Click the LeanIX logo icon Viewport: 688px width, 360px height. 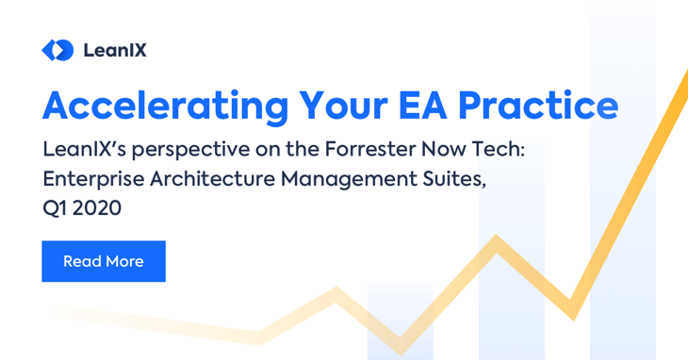tap(57, 50)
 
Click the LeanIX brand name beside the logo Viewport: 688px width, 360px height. tap(114, 50)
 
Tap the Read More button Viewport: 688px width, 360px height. tap(104, 261)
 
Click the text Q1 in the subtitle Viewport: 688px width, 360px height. tap(54, 208)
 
